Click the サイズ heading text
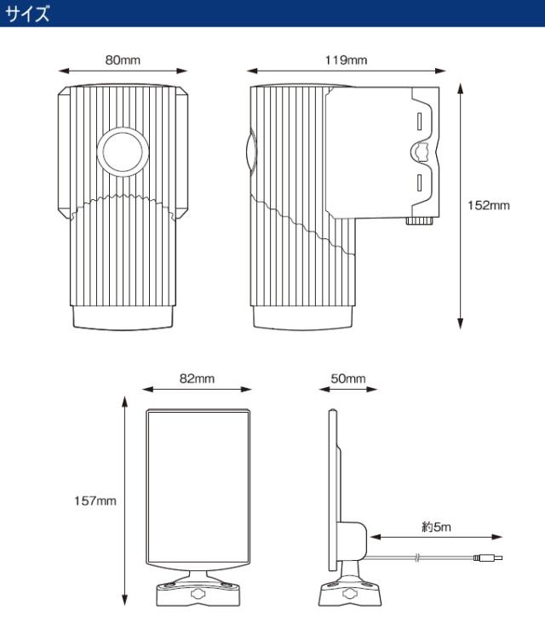(28, 14)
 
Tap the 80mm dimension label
(123, 60)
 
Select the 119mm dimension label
(346, 60)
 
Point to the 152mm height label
(489, 205)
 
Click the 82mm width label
(197, 379)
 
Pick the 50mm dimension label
(348, 379)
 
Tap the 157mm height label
(95, 500)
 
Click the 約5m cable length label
(436, 527)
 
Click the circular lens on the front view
(123, 151)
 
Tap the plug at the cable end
(488, 557)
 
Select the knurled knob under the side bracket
(420, 220)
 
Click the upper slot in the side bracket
(419, 122)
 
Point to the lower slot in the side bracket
(419, 183)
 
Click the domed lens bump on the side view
(251, 151)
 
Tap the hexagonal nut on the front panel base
(198, 592)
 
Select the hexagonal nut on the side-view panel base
(350, 593)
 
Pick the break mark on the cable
(416, 557)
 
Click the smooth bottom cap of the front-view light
(123, 317)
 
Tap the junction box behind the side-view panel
(352, 540)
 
